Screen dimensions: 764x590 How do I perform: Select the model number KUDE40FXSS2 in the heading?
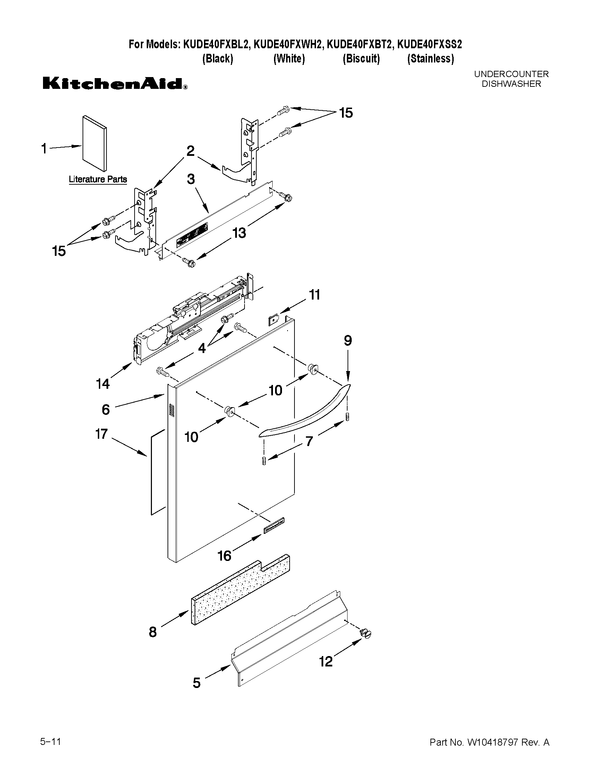point(429,44)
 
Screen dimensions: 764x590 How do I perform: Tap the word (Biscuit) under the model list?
point(361,58)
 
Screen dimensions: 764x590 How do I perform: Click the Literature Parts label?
point(97,179)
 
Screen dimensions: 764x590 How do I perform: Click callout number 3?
point(191,179)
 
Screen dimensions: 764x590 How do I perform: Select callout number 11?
point(314,295)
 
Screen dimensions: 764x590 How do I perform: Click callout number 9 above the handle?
point(348,341)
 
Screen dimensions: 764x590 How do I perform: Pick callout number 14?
point(103,384)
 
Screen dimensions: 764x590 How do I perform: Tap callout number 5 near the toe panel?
point(197,683)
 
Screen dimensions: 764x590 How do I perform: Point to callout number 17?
point(101,434)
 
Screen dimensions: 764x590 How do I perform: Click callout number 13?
point(239,233)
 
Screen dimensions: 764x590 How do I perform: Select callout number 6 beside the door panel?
point(106,409)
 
